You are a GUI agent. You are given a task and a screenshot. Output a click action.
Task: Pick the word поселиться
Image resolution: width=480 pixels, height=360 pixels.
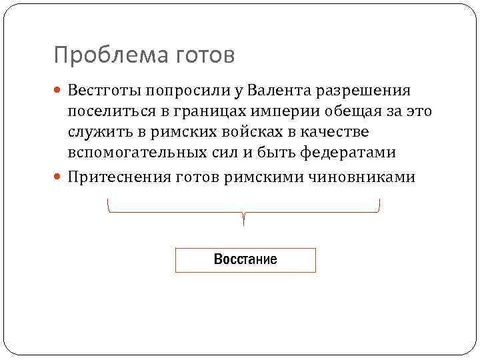[x=107, y=111]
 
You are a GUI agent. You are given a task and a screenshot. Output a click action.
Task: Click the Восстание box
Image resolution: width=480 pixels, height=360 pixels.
[x=245, y=260]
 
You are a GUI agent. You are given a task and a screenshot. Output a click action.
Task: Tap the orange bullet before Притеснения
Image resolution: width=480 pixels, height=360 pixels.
[x=58, y=177]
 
